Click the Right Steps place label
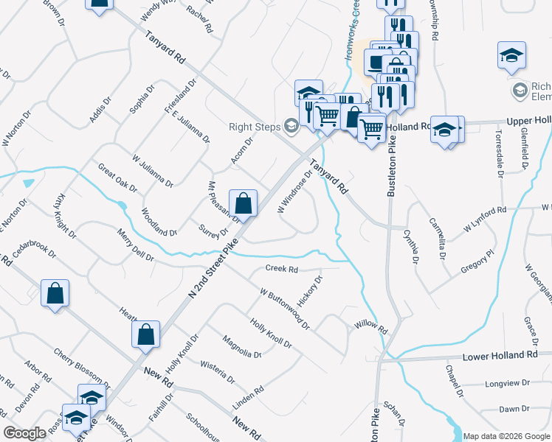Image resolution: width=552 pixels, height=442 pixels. point(255,127)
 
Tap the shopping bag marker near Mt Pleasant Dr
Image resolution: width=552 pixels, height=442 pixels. point(243,203)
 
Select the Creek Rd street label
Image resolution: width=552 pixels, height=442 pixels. point(281,270)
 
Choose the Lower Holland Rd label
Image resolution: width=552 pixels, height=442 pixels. point(500,356)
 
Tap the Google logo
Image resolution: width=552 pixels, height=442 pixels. point(24,433)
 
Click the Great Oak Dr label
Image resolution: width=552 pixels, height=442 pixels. point(117,178)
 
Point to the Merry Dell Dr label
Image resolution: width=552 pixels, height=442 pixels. point(134,245)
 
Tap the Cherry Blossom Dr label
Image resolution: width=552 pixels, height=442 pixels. point(81,363)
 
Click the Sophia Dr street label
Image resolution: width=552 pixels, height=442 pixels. point(141,99)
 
